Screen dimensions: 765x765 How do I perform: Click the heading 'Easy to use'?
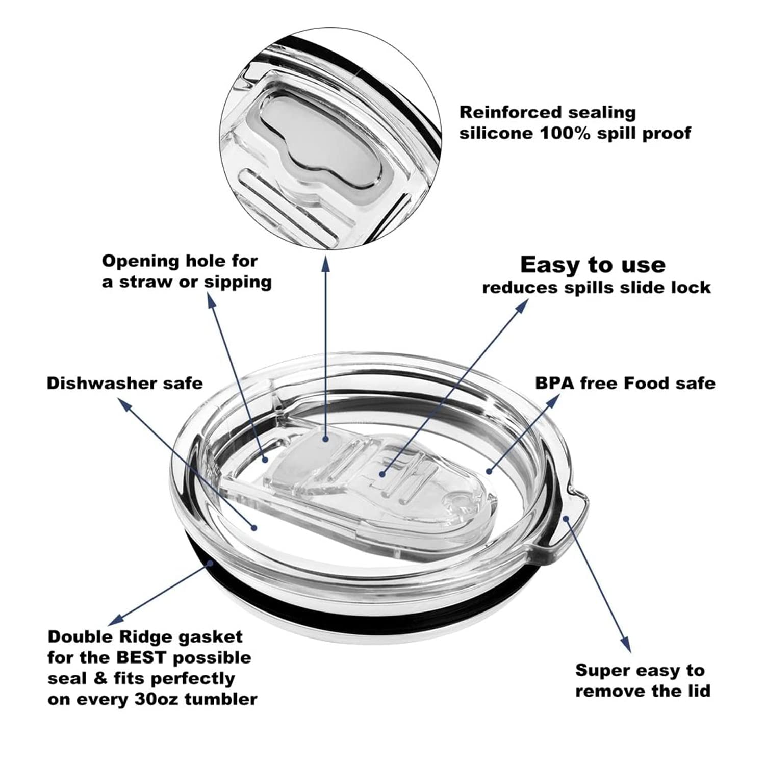pyautogui.click(x=593, y=265)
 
